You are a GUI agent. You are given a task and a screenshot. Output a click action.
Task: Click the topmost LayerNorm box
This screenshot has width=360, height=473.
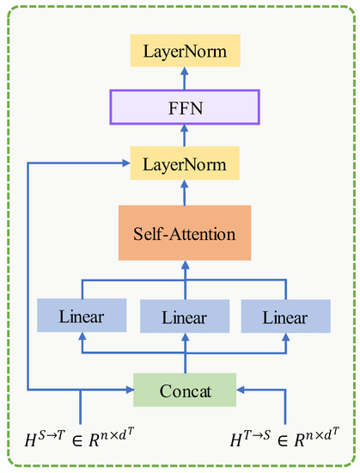(x=185, y=52)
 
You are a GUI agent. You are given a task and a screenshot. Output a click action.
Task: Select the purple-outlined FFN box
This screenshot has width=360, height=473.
(x=185, y=108)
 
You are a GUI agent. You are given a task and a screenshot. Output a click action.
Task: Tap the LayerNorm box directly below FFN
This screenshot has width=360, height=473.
(x=185, y=163)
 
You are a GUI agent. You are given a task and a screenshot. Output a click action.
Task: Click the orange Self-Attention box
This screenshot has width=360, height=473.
(x=185, y=233)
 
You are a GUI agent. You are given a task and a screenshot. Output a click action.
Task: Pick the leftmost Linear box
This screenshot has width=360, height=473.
(x=82, y=316)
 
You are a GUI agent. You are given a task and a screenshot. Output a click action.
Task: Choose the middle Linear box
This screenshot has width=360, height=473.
(x=185, y=318)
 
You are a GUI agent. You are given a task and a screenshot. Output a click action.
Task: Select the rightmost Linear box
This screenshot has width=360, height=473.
(x=285, y=316)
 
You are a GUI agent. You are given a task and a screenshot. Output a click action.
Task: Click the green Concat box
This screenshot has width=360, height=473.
(x=185, y=390)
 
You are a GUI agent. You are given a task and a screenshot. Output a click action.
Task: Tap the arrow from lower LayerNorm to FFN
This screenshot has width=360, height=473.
(x=185, y=135)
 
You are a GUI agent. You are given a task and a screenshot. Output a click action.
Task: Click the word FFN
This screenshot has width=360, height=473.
(x=185, y=108)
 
